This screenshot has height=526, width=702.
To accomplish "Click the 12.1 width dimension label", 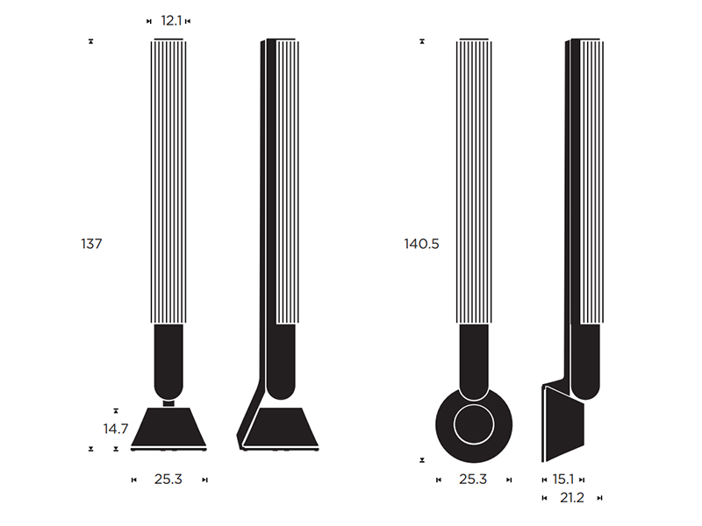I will click(x=171, y=20).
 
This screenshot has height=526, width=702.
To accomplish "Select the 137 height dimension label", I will click(x=91, y=244).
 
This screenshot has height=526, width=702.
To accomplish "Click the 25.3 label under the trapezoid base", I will click(x=168, y=480).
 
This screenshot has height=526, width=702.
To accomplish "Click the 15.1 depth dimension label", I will click(x=562, y=480).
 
